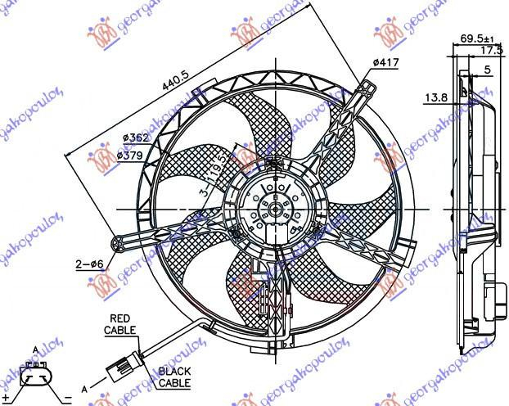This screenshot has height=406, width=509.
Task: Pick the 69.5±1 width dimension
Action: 477,38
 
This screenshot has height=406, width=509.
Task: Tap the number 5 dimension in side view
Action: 487,70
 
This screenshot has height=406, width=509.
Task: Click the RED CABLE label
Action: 120,324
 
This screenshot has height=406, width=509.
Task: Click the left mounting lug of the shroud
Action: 124,241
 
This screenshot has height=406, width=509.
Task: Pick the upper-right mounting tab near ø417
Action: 366,90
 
